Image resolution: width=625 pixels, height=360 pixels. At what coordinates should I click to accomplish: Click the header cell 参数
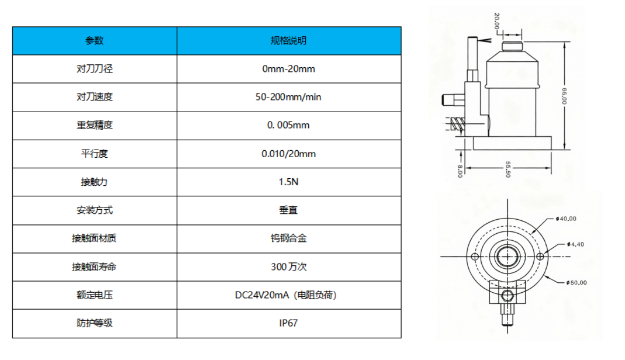(x=94, y=41)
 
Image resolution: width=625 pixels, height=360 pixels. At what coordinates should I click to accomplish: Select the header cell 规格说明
(x=288, y=41)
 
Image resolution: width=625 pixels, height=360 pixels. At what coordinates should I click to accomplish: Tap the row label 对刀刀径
(x=94, y=69)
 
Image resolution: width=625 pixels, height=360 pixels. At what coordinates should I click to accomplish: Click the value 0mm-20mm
(x=288, y=69)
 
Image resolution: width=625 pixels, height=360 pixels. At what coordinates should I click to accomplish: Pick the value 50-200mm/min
(x=288, y=97)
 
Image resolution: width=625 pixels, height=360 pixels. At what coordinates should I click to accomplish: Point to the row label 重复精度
(x=94, y=125)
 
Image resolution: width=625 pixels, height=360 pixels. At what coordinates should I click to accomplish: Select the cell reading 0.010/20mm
(x=288, y=154)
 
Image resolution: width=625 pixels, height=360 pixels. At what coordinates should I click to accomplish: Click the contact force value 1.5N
(x=288, y=182)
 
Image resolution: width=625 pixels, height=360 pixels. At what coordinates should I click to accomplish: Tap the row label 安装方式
(x=94, y=210)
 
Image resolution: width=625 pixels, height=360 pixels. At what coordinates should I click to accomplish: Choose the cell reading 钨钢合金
(x=288, y=238)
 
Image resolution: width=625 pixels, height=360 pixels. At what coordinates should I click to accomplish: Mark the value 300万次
(x=288, y=266)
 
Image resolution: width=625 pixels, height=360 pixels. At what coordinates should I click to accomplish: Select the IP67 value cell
(x=288, y=323)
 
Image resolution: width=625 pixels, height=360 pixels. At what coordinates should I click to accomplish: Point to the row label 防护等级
(x=94, y=323)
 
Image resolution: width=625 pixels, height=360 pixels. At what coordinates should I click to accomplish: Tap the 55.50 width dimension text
(x=507, y=170)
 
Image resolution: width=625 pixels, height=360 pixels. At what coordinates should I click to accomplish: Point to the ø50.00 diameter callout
(x=576, y=283)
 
